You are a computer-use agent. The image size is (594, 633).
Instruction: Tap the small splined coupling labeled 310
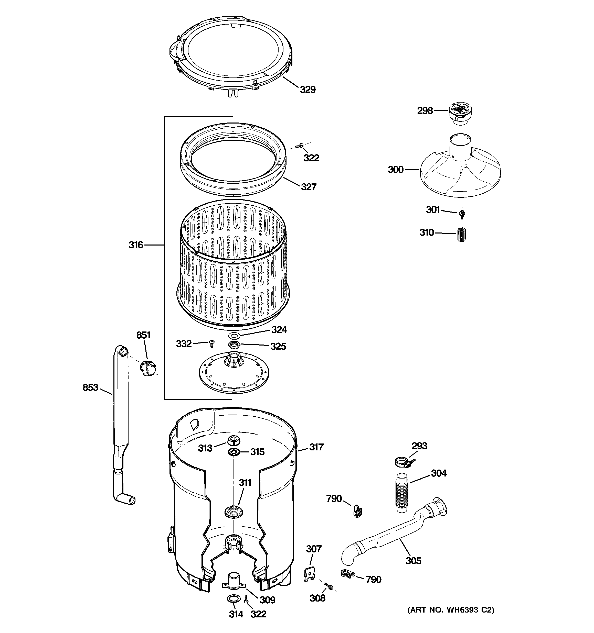(461, 235)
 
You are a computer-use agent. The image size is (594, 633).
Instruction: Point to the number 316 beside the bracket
(136, 245)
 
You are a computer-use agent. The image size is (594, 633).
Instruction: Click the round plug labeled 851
(148, 369)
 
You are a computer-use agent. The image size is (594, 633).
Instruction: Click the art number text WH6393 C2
(451, 610)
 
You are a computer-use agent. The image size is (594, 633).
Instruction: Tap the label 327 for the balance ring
(308, 187)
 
